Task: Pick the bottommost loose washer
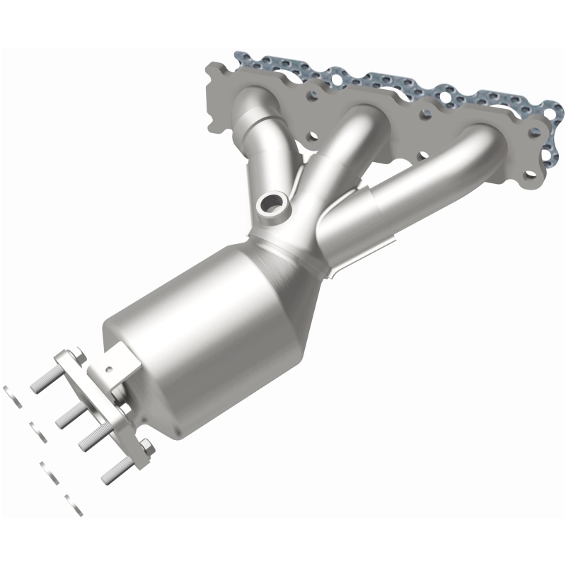pos(74,502)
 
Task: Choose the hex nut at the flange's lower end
pos(146,445)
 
